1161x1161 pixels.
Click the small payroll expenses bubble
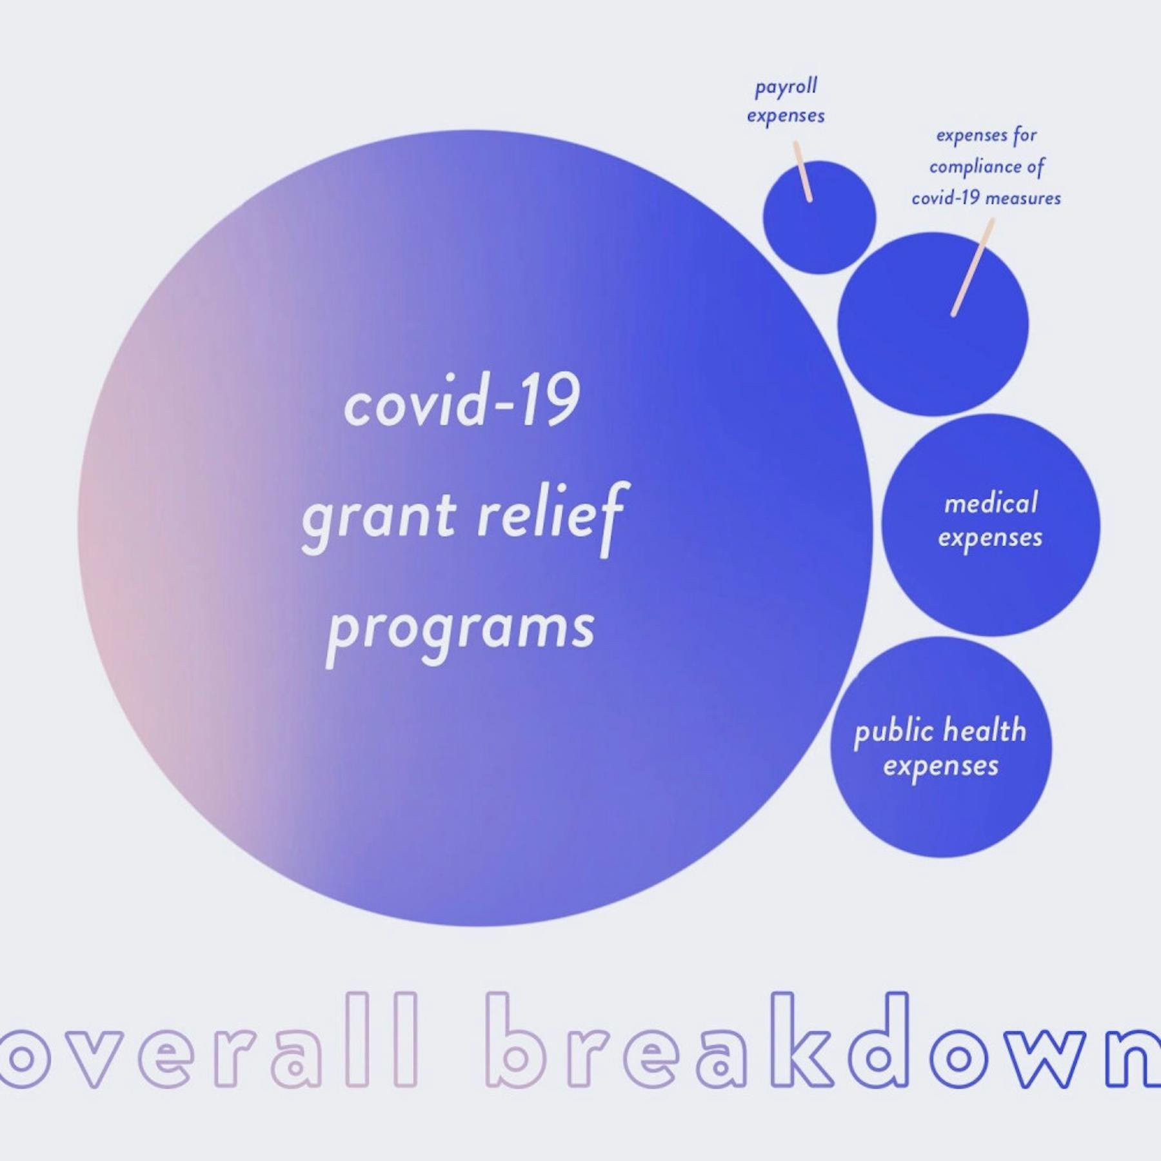(819, 217)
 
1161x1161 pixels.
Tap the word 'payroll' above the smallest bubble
(786, 87)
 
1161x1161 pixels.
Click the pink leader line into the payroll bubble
(802, 171)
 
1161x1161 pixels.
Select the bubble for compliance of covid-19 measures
(933, 324)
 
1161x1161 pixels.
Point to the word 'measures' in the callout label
(1023, 198)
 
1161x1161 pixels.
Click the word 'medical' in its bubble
(991, 502)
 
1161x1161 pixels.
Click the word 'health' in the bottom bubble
(984, 730)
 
